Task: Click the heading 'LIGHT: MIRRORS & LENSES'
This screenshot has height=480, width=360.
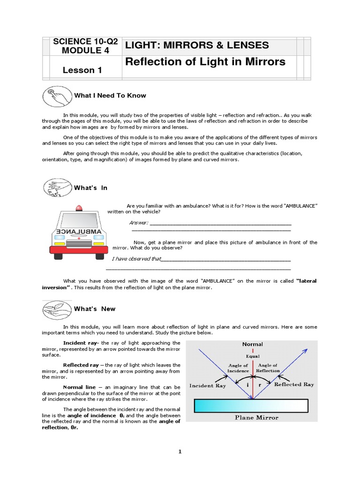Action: (x=196, y=45)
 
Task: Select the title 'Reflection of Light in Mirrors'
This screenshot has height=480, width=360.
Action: (x=204, y=62)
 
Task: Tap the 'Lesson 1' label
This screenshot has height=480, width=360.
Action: (x=82, y=70)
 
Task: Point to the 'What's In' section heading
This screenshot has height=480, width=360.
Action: (x=91, y=187)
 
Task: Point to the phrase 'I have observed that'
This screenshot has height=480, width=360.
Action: (x=136, y=259)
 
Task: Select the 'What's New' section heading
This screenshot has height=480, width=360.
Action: (x=94, y=309)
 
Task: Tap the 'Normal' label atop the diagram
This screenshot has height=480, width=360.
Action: (x=252, y=345)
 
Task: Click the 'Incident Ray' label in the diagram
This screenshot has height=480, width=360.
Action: (x=207, y=385)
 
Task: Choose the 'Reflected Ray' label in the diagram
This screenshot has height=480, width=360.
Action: (x=294, y=384)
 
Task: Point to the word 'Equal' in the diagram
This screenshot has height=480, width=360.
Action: (x=252, y=356)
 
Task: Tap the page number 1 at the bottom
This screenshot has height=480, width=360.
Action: (x=180, y=452)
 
